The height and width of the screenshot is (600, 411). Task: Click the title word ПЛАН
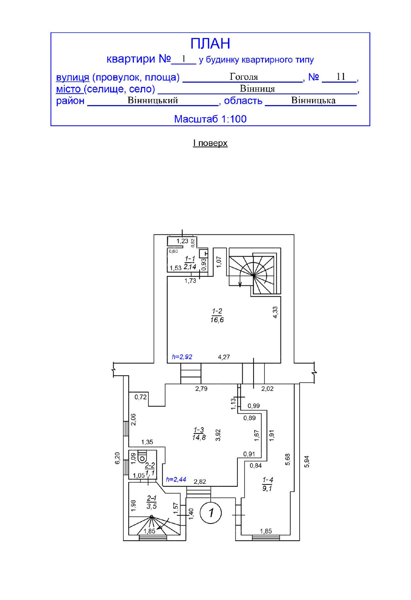pyautogui.click(x=210, y=44)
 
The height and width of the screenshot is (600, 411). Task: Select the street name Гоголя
pyautogui.click(x=244, y=77)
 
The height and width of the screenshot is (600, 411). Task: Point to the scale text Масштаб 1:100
pyautogui.click(x=210, y=119)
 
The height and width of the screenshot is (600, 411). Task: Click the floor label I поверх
pyautogui.click(x=210, y=143)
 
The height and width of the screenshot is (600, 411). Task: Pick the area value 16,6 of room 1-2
pyautogui.click(x=217, y=320)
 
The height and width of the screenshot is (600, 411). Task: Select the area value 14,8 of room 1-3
pyautogui.click(x=199, y=438)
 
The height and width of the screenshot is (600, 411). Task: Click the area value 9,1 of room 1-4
pyautogui.click(x=267, y=488)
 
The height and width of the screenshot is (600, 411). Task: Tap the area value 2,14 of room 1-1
pyautogui.click(x=190, y=267)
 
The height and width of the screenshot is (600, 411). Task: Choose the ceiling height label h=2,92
pyautogui.click(x=182, y=357)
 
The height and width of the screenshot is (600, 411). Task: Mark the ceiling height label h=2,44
pyautogui.click(x=176, y=479)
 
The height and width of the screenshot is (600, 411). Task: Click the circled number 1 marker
pyautogui.click(x=211, y=513)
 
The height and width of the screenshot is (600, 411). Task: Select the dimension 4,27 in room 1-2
pyautogui.click(x=224, y=357)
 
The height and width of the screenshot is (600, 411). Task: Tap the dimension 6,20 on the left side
pyautogui.click(x=117, y=458)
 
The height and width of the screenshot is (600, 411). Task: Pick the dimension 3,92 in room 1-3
pyautogui.click(x=218, y=435)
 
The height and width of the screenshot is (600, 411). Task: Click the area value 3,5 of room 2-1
pyautogui.click(x=151, y=506)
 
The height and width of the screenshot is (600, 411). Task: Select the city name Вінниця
pyautogui.click(x=257, y=89)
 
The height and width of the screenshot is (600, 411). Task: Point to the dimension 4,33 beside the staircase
pyautogui.click(x=275, y=312)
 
